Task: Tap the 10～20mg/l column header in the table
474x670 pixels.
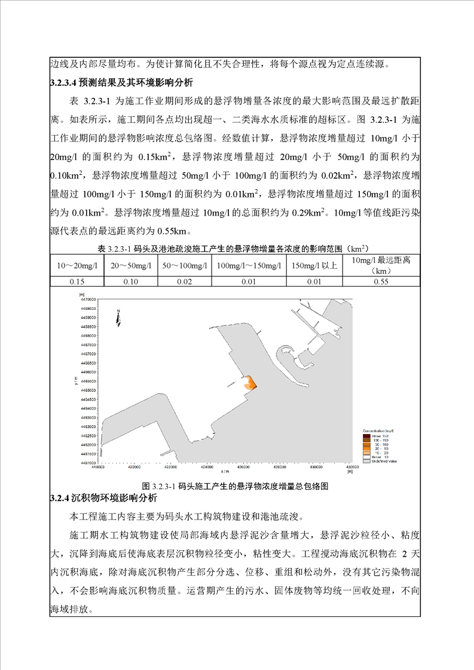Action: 78,265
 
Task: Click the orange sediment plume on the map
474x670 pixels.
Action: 251,383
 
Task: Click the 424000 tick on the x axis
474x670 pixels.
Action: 207,468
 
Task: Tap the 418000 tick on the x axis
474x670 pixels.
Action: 99,468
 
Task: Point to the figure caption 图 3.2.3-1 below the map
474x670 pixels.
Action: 236,485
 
